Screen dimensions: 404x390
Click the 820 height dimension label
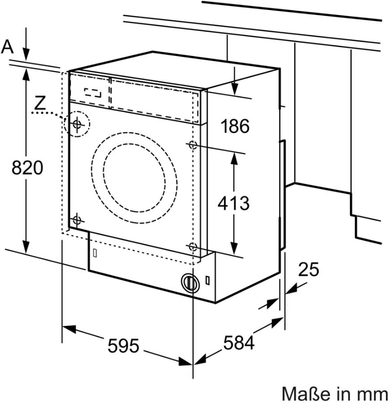pyautogui.click(x=27, y=168)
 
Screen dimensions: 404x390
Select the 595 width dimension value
pyautogui.click(x=123, y=346)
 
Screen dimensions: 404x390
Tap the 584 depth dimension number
pyautogui.click(x=239, y=343)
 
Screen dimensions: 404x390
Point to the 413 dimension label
pyautogui.click(x=233, y=203)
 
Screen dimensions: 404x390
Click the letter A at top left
pyautogui.click(x=8, y=47)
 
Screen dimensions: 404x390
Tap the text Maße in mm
pyautogui.click(x=334, y=394)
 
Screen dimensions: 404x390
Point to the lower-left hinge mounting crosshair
pyautogui.click(x=77, y=220)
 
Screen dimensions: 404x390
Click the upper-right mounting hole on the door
pyautogui.click(x=193, y=145)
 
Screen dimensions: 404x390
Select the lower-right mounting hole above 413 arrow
pyautogui.click(x=193, y=246)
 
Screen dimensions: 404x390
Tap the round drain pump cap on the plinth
pyautogui.click(x=190, y=283)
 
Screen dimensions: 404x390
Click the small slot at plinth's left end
pyautogui.click(x=95, y=253)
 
